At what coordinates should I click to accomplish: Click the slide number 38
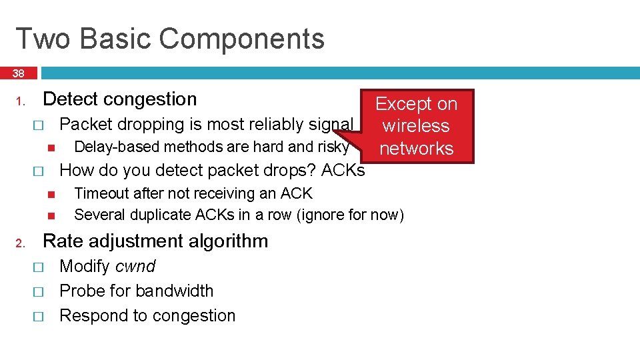(18, 73)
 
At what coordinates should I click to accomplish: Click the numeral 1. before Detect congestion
(21, 102)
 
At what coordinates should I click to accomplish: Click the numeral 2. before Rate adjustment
(21, 243)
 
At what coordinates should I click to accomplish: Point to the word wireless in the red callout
(416, 126)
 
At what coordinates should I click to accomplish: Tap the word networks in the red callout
(416, 148)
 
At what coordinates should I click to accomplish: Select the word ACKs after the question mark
(343, 171)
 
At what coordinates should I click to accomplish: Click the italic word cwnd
(135, 267)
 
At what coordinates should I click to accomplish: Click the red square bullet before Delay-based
(49, 147)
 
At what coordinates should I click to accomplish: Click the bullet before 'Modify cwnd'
(37, 267)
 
